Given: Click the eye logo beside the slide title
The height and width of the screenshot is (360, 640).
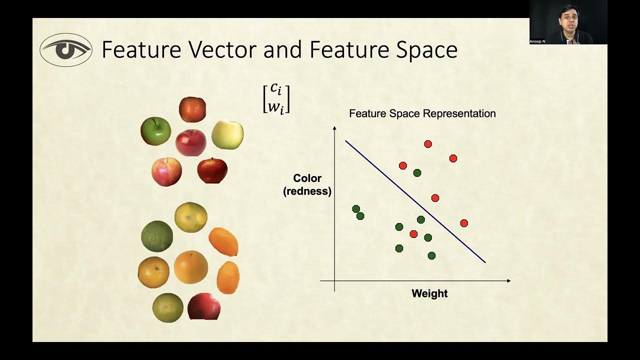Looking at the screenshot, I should [x=66, y=50].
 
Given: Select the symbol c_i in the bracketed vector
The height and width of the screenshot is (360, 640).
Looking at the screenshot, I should [x=276, y=89].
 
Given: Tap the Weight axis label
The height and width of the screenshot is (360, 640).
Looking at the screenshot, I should [x=429, y=293].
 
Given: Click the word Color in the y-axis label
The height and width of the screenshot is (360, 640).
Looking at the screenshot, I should [x=307, y=178].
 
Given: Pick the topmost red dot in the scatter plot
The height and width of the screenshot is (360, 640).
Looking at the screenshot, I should [x=428, y=144].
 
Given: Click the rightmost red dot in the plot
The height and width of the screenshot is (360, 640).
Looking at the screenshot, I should [x=464, y=223].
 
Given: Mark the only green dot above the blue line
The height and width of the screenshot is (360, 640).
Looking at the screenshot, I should [x=417, y=173].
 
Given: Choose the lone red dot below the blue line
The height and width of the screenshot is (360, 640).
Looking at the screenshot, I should [x=413, y=234].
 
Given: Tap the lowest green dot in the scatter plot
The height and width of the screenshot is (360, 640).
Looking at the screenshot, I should [x=431, y=255].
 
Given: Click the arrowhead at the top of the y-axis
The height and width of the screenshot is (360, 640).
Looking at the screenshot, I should [x=334, y=128].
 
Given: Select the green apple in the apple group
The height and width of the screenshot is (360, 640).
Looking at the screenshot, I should [x=155, y=131].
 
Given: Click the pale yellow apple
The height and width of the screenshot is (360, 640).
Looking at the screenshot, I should [x=227, y=134].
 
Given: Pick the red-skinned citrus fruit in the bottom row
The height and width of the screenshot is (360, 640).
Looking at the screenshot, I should [x=204, y=306].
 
